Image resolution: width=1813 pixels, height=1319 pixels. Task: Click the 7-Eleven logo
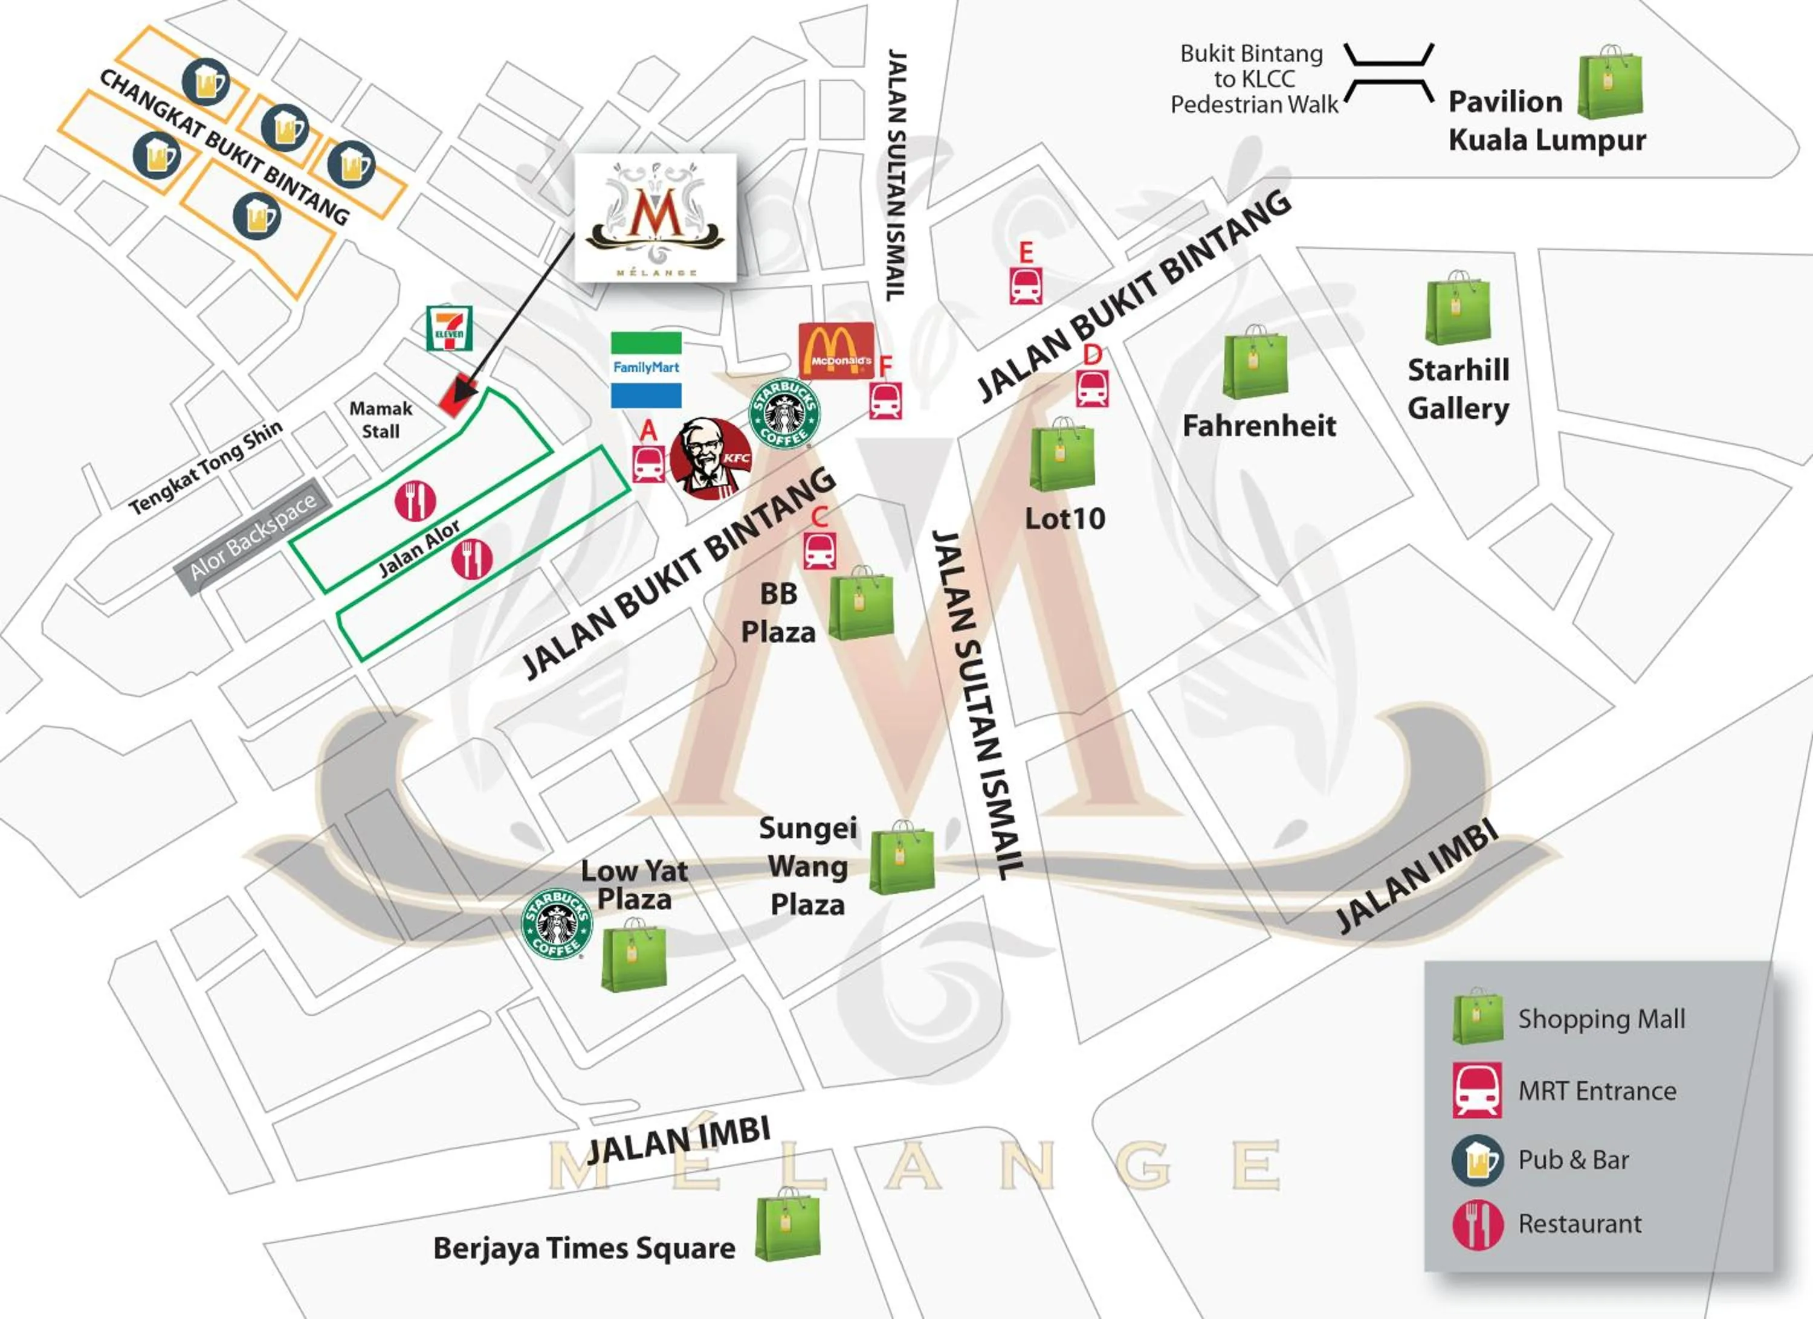point(449,327)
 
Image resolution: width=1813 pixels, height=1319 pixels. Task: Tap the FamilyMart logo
point(646,369)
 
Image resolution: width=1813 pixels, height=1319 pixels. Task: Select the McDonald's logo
point(836,351)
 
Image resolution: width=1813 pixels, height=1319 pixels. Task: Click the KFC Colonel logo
point(711,458)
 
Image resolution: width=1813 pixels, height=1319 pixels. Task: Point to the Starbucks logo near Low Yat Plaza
point(557,923)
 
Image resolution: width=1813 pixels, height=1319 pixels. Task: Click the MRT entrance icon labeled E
point(1026,285)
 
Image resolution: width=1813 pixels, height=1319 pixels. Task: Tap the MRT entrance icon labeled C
point(820,550)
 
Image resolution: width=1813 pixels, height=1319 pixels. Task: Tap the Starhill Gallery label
point(1458,389)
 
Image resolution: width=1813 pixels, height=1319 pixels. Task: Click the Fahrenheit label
point(1259,426)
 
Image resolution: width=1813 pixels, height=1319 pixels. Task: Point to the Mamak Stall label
point(381,419)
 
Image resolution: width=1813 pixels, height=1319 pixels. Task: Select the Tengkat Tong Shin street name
point(206,467)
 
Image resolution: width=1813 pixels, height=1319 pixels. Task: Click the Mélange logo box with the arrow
point(656,217)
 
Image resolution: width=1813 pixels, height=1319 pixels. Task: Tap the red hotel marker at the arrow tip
point(458,396)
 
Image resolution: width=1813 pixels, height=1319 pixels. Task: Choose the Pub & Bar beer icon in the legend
point(1477,1159)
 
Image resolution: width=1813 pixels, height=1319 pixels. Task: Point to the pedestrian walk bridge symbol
point(1389,72)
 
